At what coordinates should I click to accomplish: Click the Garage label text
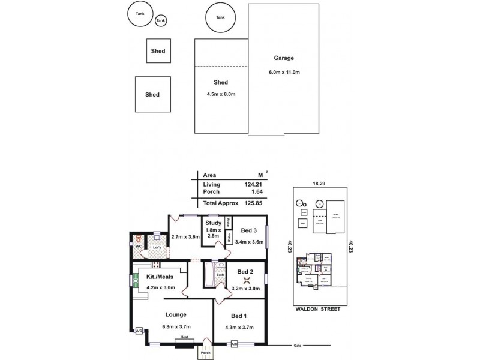tap(284, 58)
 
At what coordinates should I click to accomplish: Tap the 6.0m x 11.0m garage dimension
tap(284, 73)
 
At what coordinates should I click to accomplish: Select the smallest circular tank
tap(160, 21)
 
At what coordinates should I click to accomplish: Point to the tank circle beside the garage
tap(221, 17)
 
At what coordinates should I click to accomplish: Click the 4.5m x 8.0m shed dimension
tap(220, 94)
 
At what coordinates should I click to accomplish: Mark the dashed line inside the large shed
tap(220, 66)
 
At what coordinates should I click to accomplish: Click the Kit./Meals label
tap(160, 277)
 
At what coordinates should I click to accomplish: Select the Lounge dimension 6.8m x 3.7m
tap(176, 327)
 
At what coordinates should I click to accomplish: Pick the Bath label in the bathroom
tap(220, 275)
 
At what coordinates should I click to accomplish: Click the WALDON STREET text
tap(318, 309)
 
